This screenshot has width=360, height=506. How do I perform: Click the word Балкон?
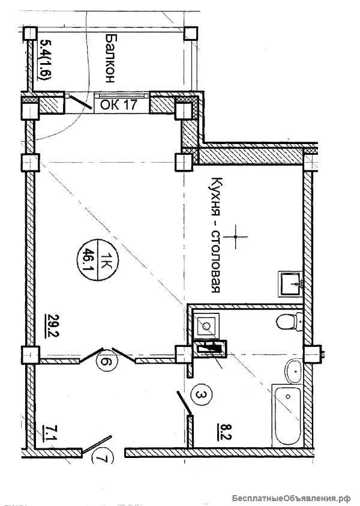tap(110, 59)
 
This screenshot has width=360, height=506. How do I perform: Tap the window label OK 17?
tap(119, 105)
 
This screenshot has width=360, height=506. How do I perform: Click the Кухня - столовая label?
tap(216, 235)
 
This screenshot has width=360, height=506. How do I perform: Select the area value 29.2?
tap(52, 325)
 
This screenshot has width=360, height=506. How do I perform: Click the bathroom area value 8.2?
tap(227, 432)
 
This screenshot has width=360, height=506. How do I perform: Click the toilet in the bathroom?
tap(290, 321)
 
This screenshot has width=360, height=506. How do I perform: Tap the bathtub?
tap(287, 415)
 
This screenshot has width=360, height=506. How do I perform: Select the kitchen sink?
tap(290, 284)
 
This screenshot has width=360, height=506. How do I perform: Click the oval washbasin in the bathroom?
tap(294, 372)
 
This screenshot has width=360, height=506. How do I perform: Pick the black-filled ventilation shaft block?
tap(209, 349)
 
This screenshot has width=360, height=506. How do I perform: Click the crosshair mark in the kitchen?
tap(236, 237)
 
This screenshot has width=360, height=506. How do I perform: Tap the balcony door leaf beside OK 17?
tap(81, 101)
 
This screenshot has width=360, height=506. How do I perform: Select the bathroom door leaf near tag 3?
tap(185, 403)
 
